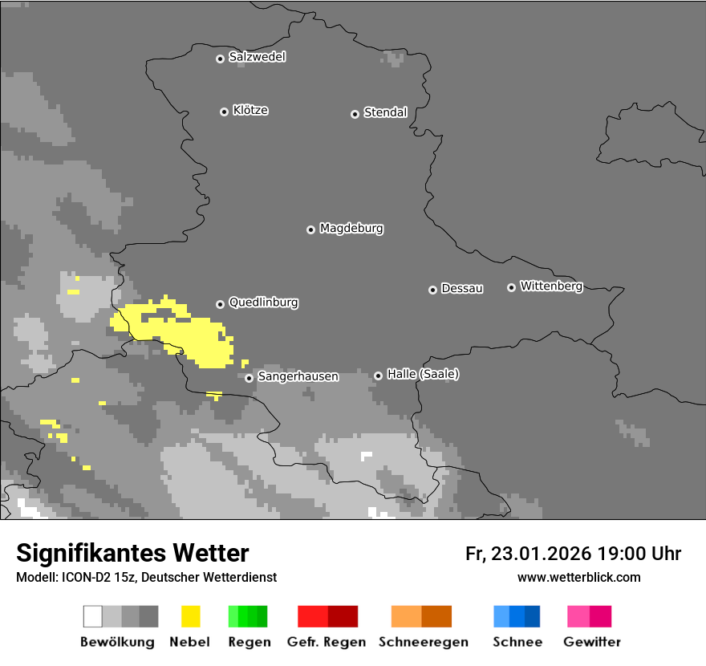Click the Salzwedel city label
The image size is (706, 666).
coord(257,57)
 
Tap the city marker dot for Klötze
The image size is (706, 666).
coord(224,112)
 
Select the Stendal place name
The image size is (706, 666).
coord(385,112)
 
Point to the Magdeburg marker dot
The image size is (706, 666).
coord(310,229)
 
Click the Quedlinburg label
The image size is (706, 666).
coord(263,303)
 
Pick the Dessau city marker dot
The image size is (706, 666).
coord(432,290)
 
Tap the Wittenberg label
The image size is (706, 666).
coord(551,286)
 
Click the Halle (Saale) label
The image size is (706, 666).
coord(423,374)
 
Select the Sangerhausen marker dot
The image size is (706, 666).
coord(249,378)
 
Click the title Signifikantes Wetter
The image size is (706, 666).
coord(132,553)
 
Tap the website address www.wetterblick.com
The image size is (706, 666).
coord(578,577)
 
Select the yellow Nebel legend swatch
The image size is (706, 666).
coord(190,616)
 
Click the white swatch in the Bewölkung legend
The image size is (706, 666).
coord(92,616)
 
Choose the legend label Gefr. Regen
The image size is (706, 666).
coord(327,642)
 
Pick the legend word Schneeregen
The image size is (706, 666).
coord(423,642)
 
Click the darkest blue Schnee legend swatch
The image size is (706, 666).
coord(532,616)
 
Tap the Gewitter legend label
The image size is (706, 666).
coord(592,642)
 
